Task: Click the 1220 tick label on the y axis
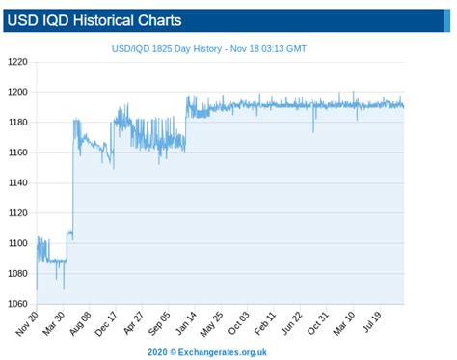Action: [18, 62]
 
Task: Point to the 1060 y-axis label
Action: [18, 304]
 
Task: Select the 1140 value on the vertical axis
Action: [18, 183]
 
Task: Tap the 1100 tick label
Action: [18, 243]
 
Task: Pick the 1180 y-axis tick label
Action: [18, 123]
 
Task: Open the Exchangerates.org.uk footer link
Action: [224, 352]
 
